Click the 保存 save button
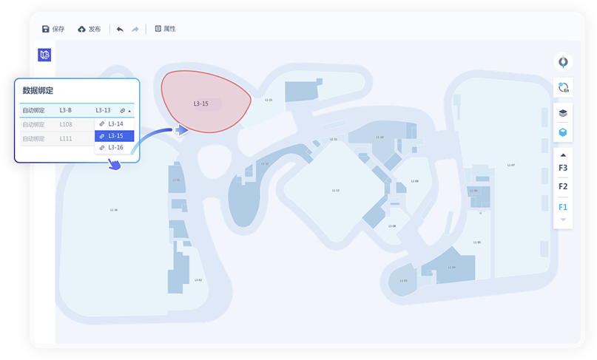click(x=53, y=29)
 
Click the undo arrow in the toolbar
click(x=120, y=29)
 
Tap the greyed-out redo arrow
click(x=135, y=29)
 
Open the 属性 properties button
click(x=165, y=29)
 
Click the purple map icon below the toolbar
click(x=44, y=55)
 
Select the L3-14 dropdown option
click(x=115, y=123)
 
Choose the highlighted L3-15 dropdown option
click(x=115, y=136)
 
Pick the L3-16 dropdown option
click(x=115, y=148)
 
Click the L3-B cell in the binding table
click(x=66, y=111)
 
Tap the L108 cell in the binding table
click(x=66, y=124)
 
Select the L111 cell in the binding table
click(x=66, y=138)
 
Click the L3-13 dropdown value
click(x=104, y=111)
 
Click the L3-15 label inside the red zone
click(x=200, y=103)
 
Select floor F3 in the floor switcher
click(x=563, y=168)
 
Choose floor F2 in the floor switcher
click(x=563, y=186)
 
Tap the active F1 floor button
click(x=563, y=206)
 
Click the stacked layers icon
click(x=563, y=113)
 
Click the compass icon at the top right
click(x=563, y=62)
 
